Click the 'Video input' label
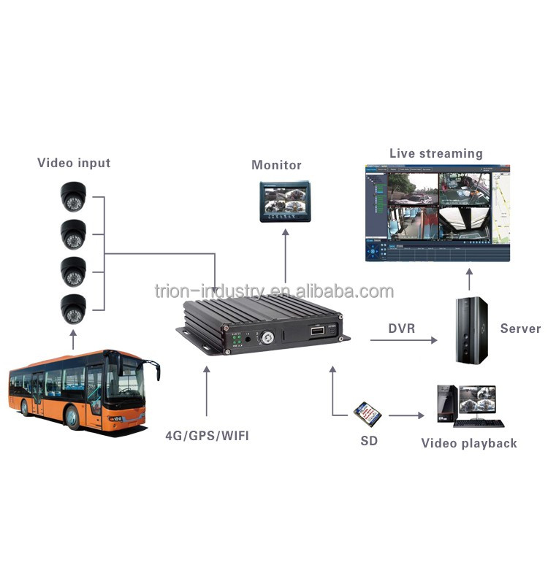74,163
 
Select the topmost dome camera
73,196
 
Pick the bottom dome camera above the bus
73,309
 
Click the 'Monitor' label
276,165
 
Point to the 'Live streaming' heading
435,153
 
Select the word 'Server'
520,328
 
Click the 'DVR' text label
402,328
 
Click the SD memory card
368,414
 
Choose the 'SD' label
369,442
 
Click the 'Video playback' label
468,443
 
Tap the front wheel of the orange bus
74,417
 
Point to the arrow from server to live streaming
468,280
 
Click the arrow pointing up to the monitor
286,255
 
